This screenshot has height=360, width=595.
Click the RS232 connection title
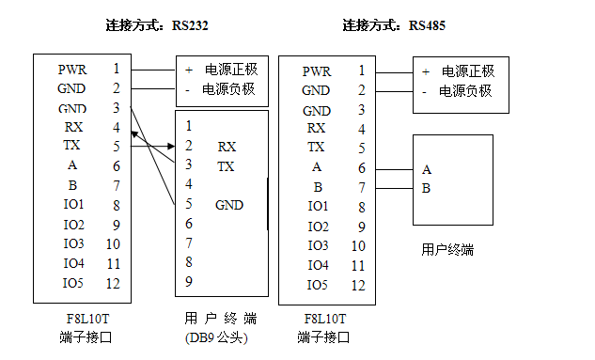159,25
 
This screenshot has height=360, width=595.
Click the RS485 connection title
395,25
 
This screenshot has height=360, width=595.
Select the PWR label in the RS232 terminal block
72,69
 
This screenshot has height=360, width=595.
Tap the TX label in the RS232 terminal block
72,146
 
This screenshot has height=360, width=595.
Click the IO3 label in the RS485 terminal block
318,245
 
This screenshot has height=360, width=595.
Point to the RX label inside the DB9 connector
227,147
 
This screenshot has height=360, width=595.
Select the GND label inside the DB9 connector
228,204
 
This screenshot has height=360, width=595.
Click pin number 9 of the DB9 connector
189,280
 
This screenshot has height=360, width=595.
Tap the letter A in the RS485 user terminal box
427,169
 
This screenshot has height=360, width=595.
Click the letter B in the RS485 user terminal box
427,187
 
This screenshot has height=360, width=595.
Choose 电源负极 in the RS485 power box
467,91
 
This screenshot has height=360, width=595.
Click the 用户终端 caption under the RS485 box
447,250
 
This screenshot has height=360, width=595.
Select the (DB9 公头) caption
217,337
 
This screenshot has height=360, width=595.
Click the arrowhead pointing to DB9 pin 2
172,146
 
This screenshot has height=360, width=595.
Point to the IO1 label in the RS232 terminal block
72,204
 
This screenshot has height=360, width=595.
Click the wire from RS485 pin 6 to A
393,168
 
